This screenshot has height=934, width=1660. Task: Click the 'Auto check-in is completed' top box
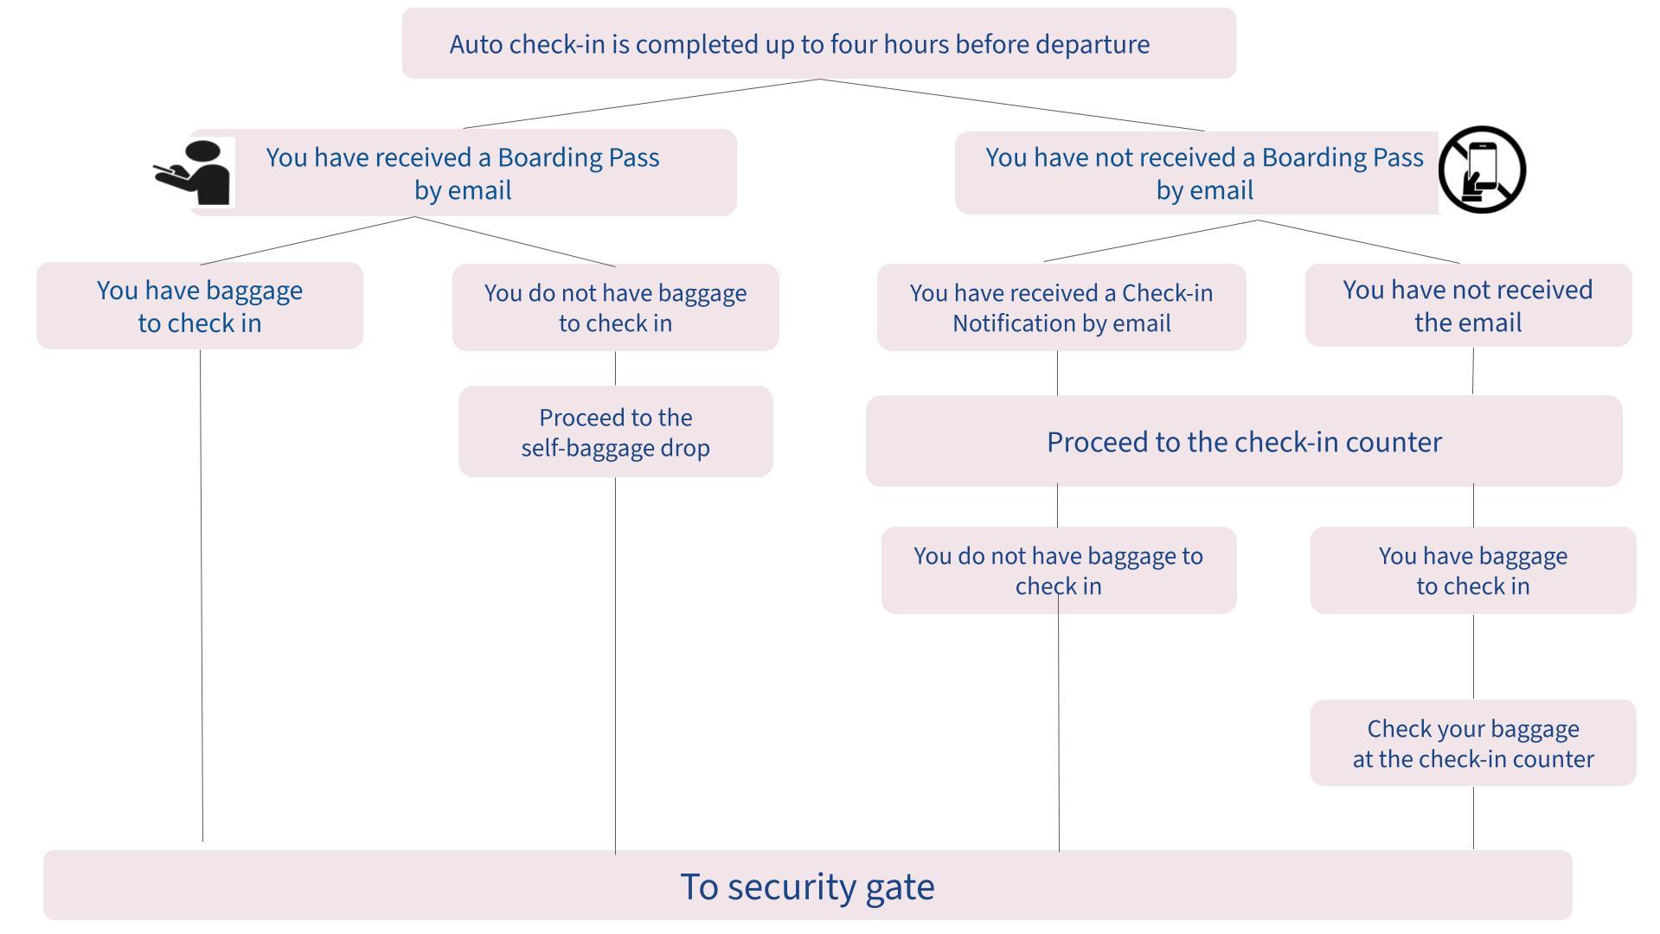[818, 43]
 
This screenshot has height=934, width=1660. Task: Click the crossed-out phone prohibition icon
[1482, 170]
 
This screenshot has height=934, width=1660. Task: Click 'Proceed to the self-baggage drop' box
[615, 432]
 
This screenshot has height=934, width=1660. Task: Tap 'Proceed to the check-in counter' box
[1244, 442]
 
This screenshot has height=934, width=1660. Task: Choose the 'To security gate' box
[807, 886]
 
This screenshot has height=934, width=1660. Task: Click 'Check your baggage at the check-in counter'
[1472, 743]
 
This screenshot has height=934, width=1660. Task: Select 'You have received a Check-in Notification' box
[1061, 307]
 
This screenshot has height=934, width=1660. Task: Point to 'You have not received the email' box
[1467, 305]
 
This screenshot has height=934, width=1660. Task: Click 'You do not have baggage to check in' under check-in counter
[1058, 570]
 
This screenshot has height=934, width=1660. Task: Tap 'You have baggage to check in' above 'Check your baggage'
[1472, 570]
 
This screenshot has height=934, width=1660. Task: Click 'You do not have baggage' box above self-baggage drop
[615, 307]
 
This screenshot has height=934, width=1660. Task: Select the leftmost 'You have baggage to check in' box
[199, 305]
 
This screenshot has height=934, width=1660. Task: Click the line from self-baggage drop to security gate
[615, 666]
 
